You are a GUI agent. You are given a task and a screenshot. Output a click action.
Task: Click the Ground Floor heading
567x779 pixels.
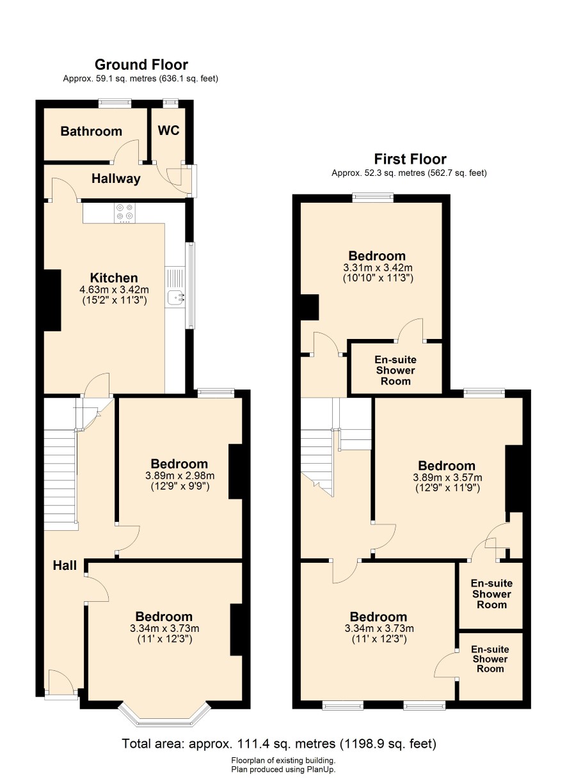click(x=141, y=65)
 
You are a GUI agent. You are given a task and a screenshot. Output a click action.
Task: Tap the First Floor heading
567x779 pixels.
click(x=410, y=159)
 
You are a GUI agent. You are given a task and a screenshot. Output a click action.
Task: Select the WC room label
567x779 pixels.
click(x=169, y=130)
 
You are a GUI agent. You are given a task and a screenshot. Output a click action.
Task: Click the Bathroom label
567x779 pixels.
click(x=91, y=131)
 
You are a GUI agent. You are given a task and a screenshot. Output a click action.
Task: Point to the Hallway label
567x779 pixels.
click(x=116, y=178)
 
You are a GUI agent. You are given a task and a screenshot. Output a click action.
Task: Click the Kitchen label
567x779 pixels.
click(x=114, y=278)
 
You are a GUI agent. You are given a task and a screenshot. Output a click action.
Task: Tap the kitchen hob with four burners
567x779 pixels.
click(x=125, y=212)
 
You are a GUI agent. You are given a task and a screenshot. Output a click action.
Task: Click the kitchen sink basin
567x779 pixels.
click(x=174, y=297)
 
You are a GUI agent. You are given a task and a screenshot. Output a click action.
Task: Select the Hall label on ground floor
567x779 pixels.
click(x=65, y=565)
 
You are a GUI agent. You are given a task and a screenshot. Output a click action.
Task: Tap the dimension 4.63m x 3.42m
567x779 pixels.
click(x=114, y=289)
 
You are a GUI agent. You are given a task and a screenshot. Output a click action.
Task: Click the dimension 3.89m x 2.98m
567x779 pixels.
click(x=180, y=476)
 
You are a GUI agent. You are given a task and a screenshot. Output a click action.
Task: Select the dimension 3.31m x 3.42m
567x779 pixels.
click(x=378, y=268)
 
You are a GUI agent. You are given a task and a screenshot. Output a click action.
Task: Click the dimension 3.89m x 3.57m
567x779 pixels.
click(x=447, y=478)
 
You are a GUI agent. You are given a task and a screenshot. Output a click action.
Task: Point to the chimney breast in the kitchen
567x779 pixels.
click(x=52, y=301)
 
